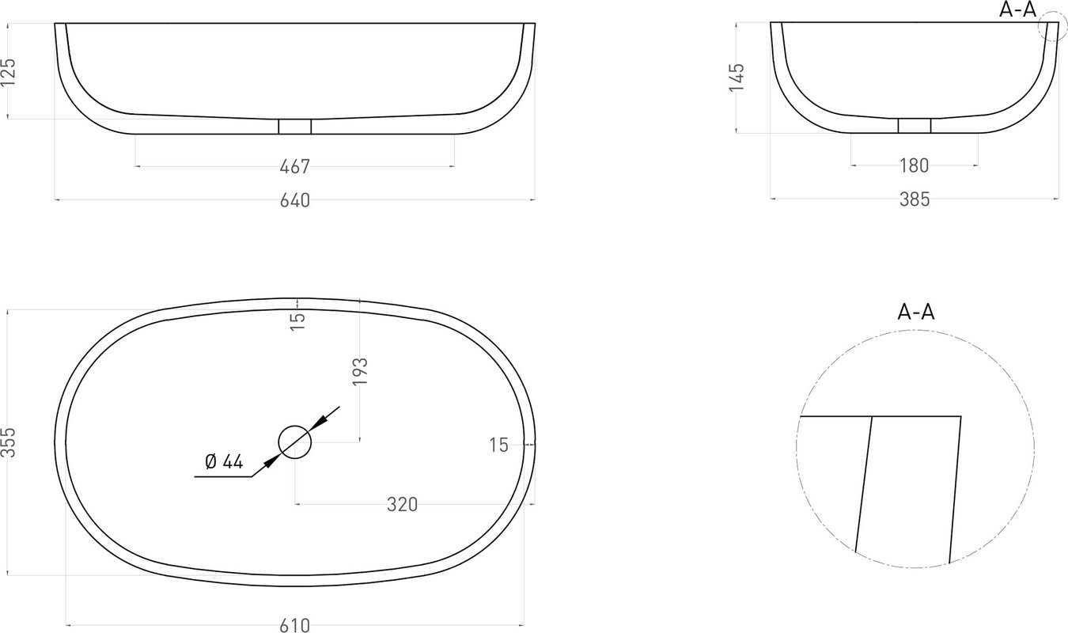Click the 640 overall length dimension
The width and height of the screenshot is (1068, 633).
coord(294,201)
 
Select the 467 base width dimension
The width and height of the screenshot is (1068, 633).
coord(294,167)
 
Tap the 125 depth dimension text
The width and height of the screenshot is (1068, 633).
coord(9,72)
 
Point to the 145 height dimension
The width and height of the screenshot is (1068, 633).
coord(737,78)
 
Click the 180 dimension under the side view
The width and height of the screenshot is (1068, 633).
coord(915,166)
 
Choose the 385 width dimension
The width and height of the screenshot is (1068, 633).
coord(915,200)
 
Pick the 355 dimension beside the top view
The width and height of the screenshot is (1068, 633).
coord(9,442)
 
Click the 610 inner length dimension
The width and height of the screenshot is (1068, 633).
coord(294,625)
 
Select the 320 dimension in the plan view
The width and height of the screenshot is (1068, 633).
coord(402,505)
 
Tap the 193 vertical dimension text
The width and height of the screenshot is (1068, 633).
coord(361,371)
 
